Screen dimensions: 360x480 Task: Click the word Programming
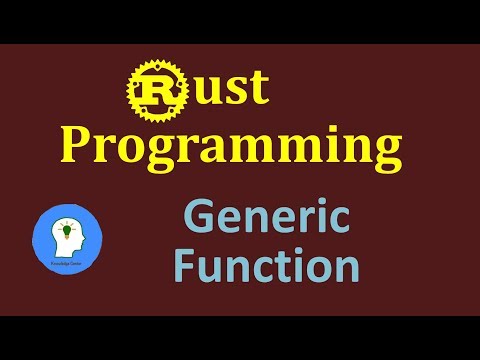pyautogui.click(x=232, y=148)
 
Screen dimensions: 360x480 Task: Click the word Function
pyautogui.click(x=265, y=266)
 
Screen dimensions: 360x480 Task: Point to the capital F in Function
pyautogui.click(x=186, y=265)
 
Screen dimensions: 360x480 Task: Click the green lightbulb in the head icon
pyautogui.click(x=68, y=232)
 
